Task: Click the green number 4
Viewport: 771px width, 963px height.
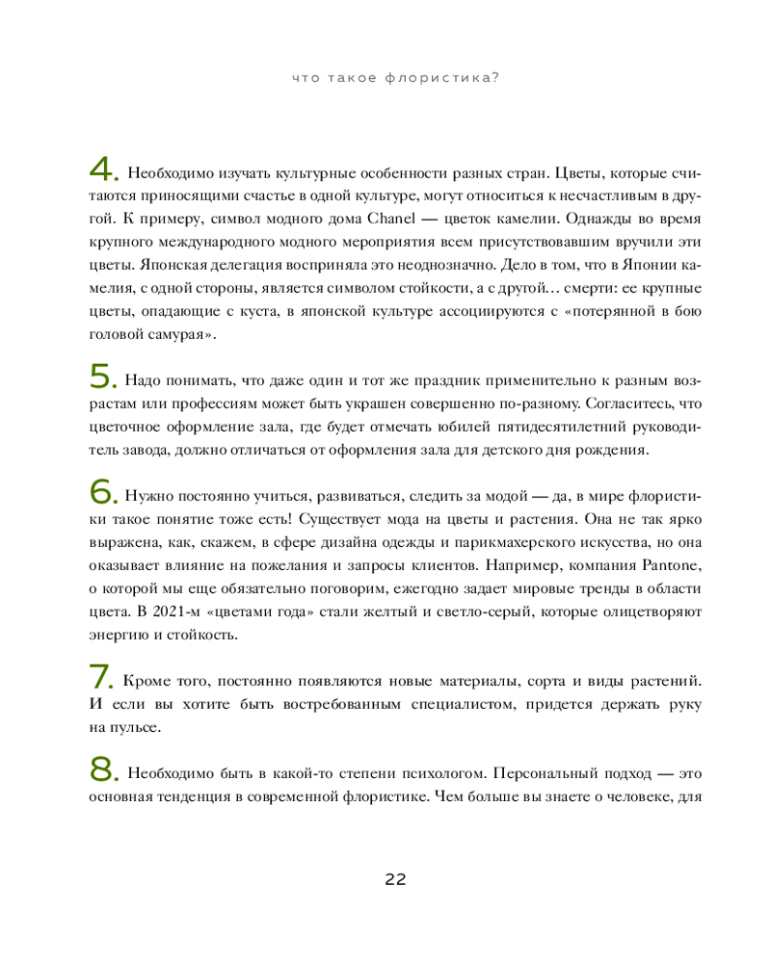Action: pos(101,170)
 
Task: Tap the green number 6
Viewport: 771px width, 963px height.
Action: pos(101,492)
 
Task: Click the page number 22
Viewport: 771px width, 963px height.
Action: pos(395,878)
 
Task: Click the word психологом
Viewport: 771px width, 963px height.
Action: pos(421,774)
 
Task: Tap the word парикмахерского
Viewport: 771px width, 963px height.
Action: pos(478,542)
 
